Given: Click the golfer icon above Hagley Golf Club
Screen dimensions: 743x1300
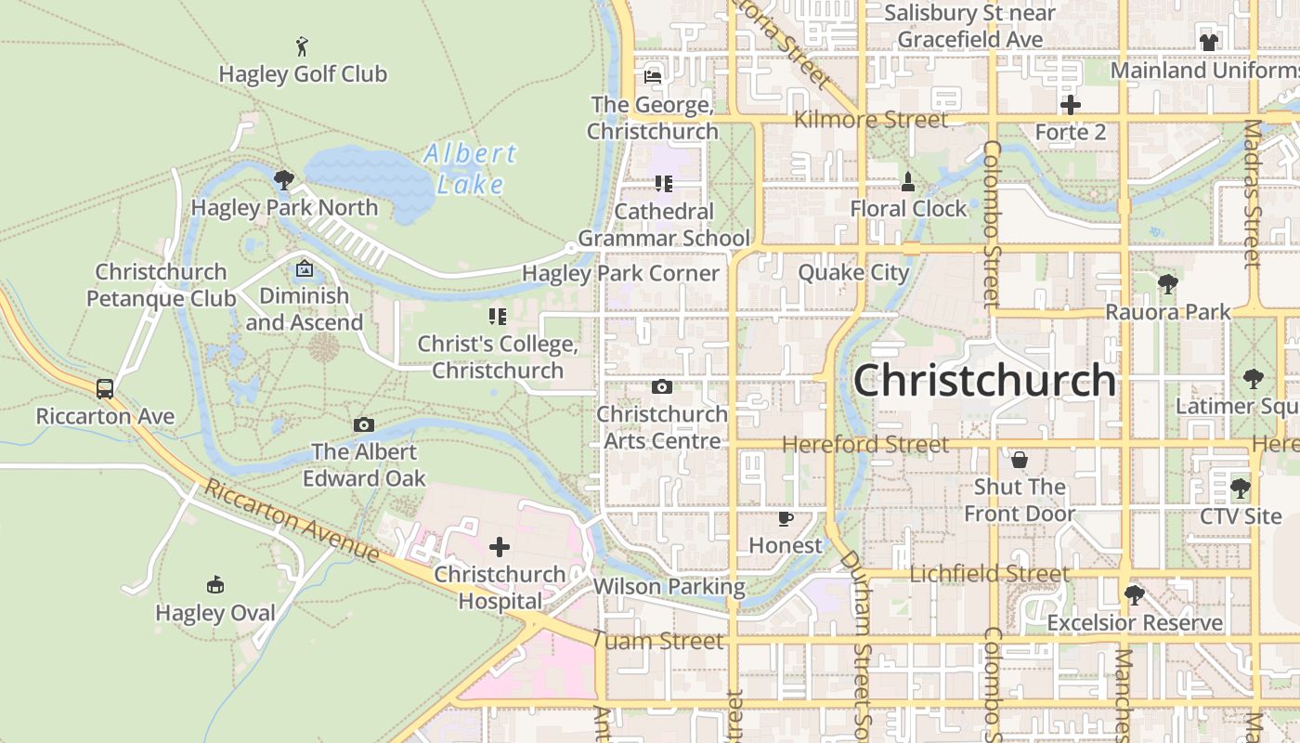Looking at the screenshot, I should point(302,46).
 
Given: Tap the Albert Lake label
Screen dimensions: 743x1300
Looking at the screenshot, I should point(470,168).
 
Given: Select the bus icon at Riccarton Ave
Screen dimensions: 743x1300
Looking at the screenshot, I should point(105,388).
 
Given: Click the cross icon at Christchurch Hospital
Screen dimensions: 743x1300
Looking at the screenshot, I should point(500,547).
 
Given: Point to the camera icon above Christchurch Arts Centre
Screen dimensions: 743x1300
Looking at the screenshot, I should point(662,386).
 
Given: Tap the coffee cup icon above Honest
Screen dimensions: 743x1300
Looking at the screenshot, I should point(786,518).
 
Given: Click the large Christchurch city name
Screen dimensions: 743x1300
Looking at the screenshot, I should point(984,380).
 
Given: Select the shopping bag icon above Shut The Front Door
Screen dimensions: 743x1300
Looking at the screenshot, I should point(1020,460).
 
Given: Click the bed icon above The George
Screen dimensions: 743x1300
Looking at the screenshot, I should point(653,77).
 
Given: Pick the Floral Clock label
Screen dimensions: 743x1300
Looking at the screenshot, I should point(908,209).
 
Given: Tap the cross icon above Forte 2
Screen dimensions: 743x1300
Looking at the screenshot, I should point(1071,105).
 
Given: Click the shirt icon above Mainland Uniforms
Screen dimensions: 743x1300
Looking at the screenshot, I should point(1208,42).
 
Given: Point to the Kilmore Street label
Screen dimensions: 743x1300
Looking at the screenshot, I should point(871,120).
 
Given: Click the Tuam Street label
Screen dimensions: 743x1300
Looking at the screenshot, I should point(657,641).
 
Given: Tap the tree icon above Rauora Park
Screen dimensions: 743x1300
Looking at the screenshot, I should point(1168,284).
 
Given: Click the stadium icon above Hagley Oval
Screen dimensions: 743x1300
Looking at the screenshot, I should point(215,584).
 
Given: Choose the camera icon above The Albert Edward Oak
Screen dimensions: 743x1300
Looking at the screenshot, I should point(364,424).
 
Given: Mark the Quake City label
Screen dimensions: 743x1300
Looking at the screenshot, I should point(853,273).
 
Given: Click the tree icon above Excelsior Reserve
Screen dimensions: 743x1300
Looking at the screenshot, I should point(1134,594).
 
